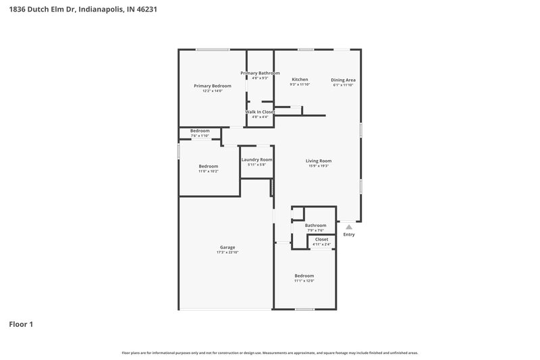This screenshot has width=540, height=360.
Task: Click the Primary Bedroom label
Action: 212,86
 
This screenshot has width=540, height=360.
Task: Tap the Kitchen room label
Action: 300,80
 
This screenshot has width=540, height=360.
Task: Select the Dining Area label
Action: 343,80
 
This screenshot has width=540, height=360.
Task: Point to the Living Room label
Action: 319,161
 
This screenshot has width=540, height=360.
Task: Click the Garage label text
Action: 227,247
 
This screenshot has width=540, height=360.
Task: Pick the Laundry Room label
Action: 256,159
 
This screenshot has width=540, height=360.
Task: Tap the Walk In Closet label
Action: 260,111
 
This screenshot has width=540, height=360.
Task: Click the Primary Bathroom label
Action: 260,73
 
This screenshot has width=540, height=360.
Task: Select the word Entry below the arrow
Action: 348,234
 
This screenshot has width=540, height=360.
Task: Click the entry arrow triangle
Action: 348,226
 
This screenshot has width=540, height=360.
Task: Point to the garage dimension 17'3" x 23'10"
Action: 227,253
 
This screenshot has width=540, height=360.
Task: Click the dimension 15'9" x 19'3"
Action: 319,166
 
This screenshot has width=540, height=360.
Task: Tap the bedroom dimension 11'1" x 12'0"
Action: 304,281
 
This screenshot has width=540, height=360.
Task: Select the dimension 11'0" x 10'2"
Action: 208,172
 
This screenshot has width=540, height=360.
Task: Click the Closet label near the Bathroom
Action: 321,239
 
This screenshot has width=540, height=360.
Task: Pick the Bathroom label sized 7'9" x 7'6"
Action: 315,226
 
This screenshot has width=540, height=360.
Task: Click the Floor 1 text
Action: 21,324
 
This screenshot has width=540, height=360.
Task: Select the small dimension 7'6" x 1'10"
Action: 200,136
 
